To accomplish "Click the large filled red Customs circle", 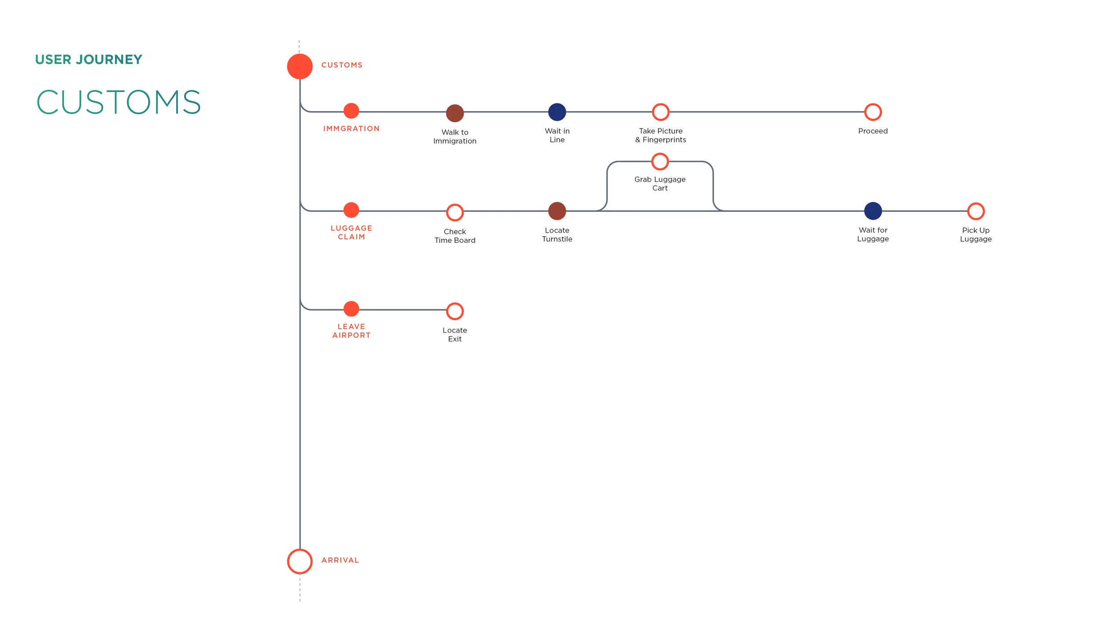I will click(299, 67).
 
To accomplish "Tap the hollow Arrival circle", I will click(299, 561).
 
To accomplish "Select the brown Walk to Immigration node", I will click(454, 113).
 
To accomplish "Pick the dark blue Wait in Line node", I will click(557, 112).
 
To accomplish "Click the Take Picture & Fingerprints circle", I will click(660, 112).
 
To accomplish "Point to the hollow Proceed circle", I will click(872, 112).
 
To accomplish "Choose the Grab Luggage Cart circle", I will click(660, 162).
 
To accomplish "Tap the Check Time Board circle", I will click(454, 212).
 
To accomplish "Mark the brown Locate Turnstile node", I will click(557, 211).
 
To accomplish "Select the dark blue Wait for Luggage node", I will click(872, 211).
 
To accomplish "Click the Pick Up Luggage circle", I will click(975, 211).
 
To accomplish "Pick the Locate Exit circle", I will click(454, 311).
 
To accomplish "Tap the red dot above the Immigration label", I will click(351, 111).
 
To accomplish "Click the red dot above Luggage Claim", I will click(351, 210).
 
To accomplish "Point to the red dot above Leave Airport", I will click(351, 308).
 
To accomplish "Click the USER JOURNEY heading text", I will click(89, 59).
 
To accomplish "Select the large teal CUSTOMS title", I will click(118, 102).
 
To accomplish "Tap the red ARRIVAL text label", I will click(340, 560).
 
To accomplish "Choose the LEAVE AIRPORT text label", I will click(351, 330).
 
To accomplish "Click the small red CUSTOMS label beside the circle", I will click(342, 65).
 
